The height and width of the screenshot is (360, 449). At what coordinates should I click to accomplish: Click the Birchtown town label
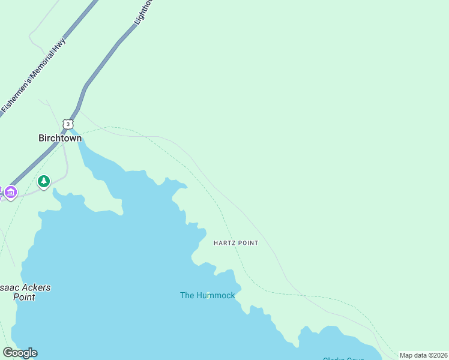[60, 138]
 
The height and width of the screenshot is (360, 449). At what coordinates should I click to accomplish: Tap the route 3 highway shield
[69, 124]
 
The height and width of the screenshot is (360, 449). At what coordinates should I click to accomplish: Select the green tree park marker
[43, 181]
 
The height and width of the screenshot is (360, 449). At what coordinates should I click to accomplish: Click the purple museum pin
[11, 193]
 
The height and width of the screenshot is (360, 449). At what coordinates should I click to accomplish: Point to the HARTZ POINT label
[236, 243]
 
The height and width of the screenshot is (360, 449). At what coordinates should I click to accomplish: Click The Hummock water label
[208, 295]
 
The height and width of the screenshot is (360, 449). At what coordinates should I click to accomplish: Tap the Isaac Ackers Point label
[25, 292]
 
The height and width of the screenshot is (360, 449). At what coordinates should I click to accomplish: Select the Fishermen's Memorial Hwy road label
[33, 75]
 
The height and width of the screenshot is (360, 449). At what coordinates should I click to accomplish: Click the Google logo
[20, 353]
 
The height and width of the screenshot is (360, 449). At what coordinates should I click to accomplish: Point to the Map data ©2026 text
[423, 355]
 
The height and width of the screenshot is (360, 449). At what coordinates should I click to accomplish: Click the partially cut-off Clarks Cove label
[342, 358]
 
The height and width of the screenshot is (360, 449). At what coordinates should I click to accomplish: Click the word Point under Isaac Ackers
[24, 297]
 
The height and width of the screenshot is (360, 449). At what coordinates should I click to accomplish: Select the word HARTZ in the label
[225, 243]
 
